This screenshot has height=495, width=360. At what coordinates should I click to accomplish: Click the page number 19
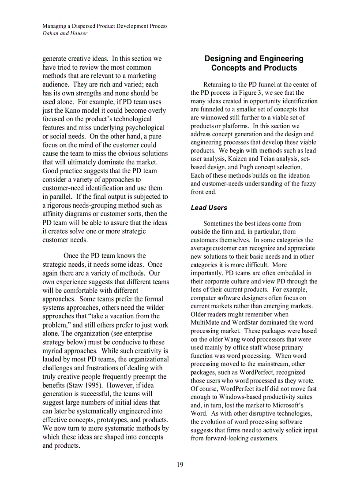pos(180,464)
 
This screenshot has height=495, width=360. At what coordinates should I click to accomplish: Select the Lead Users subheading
pos(209,208)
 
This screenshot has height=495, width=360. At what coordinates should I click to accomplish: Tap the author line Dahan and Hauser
pos(65,33)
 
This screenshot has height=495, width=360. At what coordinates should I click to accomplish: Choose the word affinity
pos(55,214)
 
